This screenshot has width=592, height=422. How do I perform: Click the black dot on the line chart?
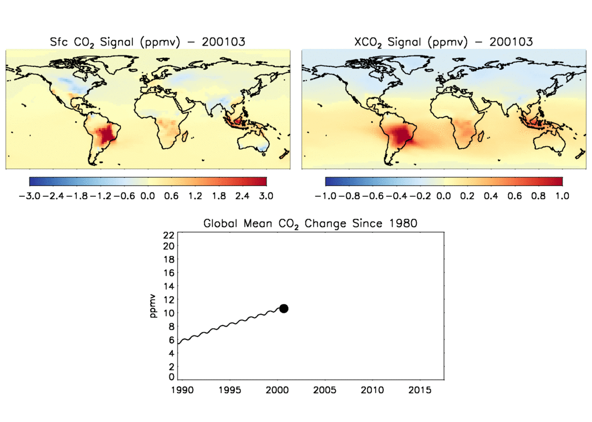283,308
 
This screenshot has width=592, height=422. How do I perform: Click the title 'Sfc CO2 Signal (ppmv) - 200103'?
147,42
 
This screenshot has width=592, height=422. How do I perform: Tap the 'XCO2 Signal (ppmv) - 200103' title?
443,42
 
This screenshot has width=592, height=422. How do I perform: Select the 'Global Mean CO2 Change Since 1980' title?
310,223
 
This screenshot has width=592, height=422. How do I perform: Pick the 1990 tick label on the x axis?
180,390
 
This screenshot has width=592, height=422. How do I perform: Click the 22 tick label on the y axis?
169,235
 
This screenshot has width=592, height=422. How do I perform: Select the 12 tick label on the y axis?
169,299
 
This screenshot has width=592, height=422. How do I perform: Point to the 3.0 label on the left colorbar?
266,196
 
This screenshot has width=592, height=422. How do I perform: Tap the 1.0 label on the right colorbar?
562,196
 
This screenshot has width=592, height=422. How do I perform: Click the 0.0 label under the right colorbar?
443,196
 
